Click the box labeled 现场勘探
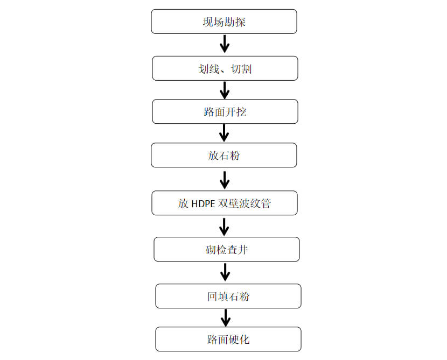pos(224,22)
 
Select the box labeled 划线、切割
pos(225,68)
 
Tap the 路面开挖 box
pos(225,111)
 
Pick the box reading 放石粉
pos(224,155)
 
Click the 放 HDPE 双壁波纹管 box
pos(225,203)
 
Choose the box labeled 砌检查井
pos(227,250)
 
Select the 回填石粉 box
pos(228,296)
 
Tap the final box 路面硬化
pos(228,339)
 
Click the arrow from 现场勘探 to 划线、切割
pos(225,44)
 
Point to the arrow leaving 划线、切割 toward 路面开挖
pos(225,90)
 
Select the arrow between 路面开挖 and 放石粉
pos(224,133)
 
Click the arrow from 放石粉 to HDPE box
pos(225,180)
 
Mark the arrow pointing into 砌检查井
pos(224,227)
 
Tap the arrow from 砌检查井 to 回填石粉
pos(225,272)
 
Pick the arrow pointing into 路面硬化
pos(226,318)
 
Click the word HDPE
pos(203,204)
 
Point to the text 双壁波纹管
pos(245,203)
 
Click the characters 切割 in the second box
pos(241,69)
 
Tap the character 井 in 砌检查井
pos(242,250)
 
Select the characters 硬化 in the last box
pos(239,340)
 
